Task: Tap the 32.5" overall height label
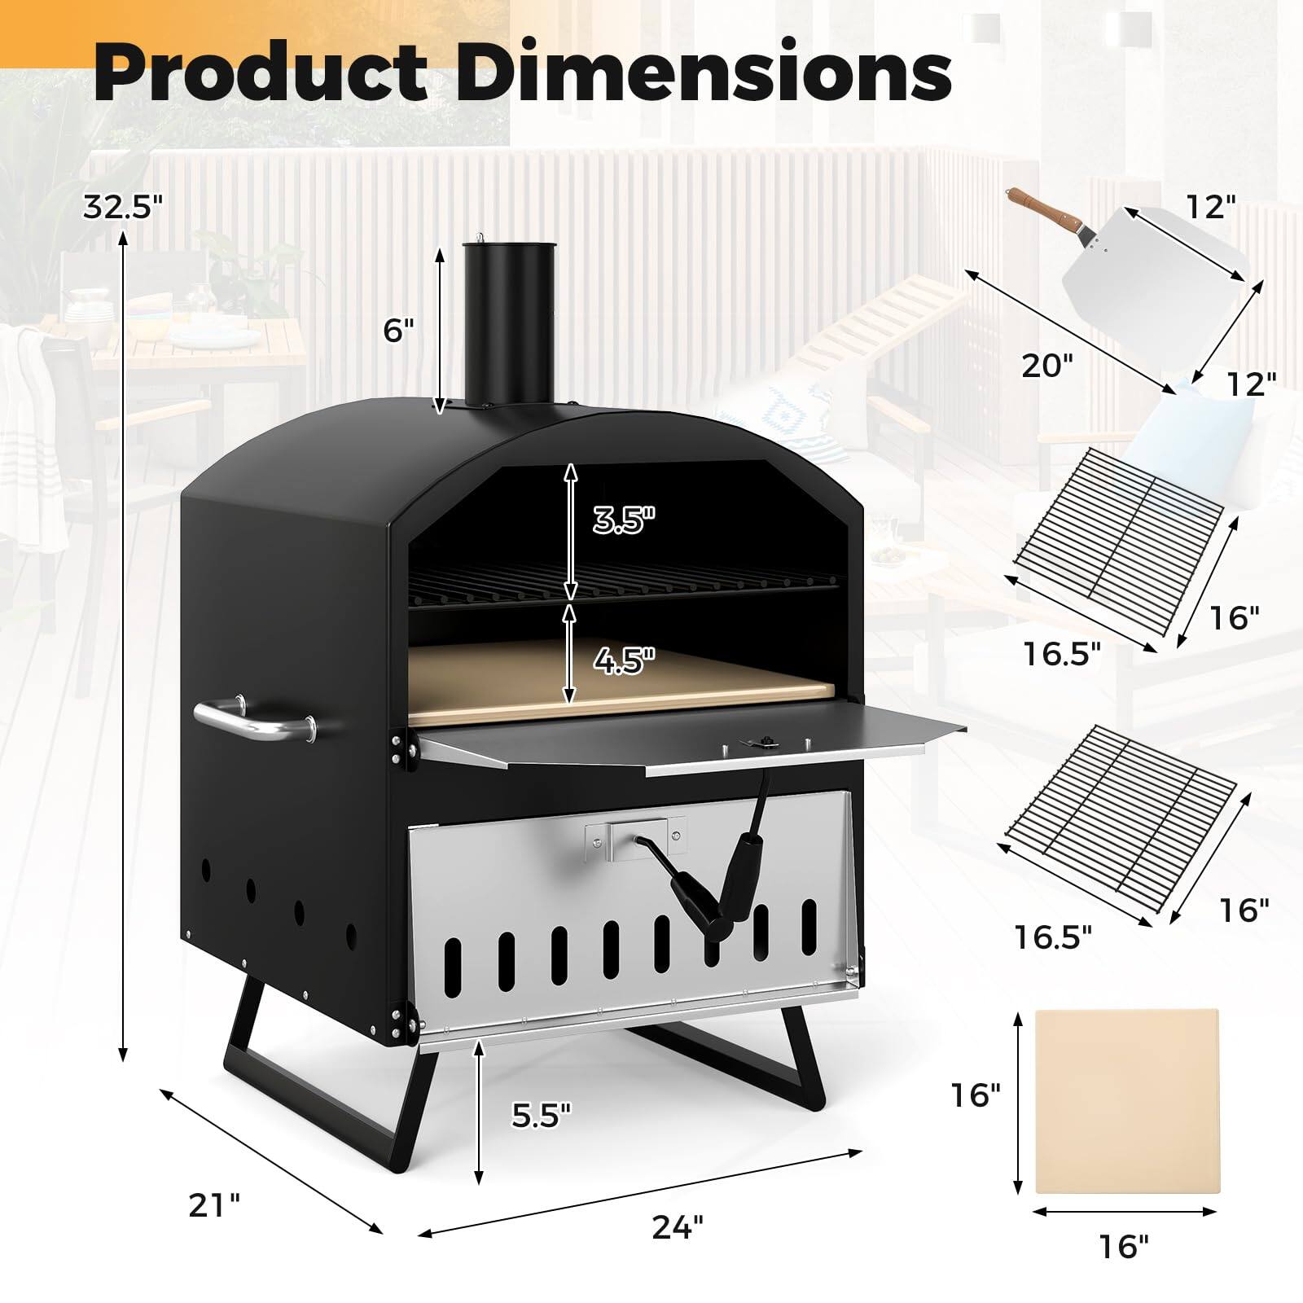click(123, 208)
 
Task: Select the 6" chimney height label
click(399, 330)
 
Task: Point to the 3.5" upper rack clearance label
click(624, 519)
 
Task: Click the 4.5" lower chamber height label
click(624, 660)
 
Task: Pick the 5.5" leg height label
click(542, 1114)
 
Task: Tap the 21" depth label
click(214, 1204)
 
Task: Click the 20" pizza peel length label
click(1043, 366)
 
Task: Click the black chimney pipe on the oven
click(509, 326)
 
